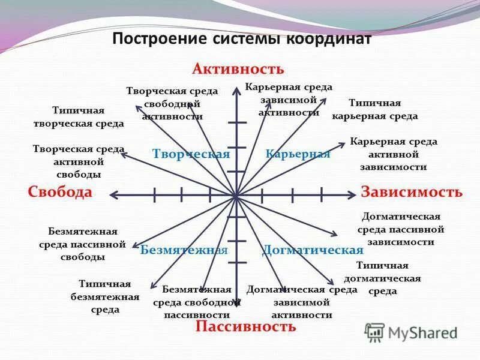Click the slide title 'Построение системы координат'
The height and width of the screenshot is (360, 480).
[x=242, y=39]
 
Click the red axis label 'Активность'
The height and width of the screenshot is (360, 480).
[x=238, y=68]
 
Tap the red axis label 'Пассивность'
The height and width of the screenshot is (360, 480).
[x=245, y=326]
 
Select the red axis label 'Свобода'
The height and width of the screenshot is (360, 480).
[x=60, y=192]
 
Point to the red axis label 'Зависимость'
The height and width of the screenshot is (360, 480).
[x=412, y=192]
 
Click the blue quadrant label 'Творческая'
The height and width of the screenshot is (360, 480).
[x=191, y=154]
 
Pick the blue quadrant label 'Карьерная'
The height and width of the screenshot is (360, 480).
[x=298, y=154]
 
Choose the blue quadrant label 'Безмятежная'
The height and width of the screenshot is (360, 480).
[x=184, y=250]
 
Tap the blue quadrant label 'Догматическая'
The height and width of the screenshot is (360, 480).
[x=313, y=250]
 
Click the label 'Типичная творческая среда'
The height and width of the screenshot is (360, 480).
[x=79, y=117]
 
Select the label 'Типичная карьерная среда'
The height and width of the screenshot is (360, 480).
[x=374, y=109]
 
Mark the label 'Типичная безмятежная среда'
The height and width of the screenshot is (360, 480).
[x=105, y=296]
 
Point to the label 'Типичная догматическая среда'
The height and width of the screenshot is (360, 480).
[x=382, y=278]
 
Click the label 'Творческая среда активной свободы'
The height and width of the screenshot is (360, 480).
[x=79, y=161]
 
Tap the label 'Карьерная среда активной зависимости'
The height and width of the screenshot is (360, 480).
[x=394, y=154]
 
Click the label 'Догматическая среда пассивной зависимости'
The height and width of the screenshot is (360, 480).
[x=401, y=229]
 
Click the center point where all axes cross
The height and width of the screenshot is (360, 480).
[x=236, y=194]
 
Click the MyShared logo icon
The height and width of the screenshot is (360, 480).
[x=375, y=332]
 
